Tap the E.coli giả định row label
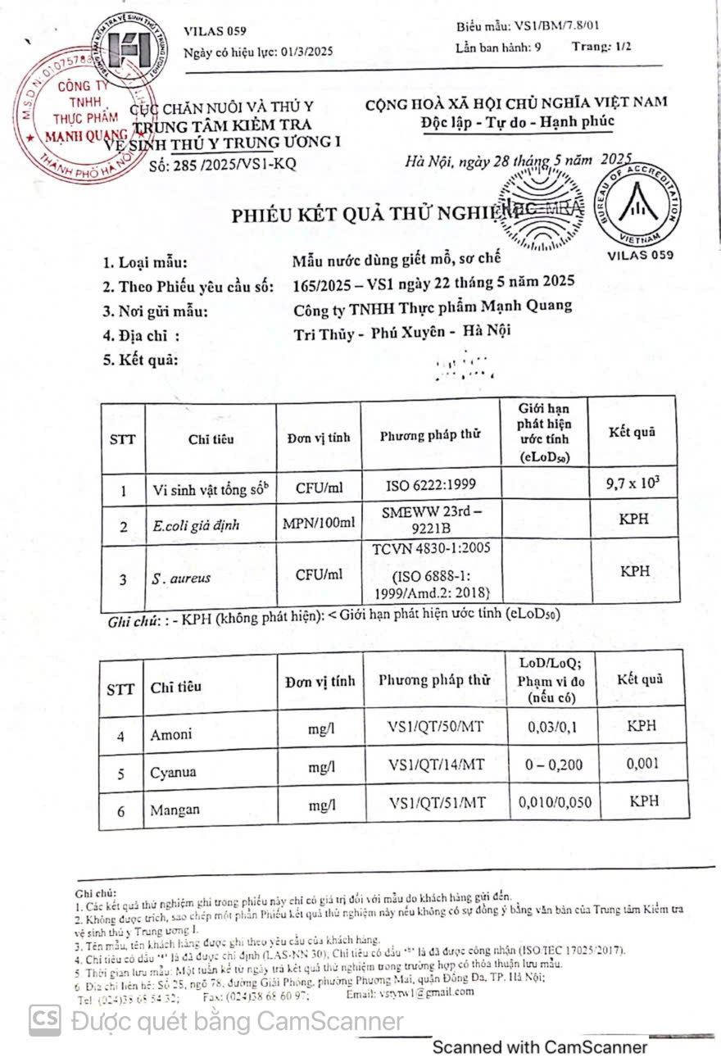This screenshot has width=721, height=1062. point(196,525)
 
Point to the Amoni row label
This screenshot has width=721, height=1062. point(170,734)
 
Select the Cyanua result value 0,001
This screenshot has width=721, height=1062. point(642,764)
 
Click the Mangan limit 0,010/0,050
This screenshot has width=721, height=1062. point(555,802)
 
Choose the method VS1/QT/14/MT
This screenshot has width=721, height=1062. point(437,765)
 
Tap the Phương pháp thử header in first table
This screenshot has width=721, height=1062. point(430,436)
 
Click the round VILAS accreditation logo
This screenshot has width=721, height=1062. point(637,205)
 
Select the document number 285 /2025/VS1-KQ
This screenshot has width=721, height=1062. point(224,164)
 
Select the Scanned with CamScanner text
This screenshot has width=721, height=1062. point(539,1046)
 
